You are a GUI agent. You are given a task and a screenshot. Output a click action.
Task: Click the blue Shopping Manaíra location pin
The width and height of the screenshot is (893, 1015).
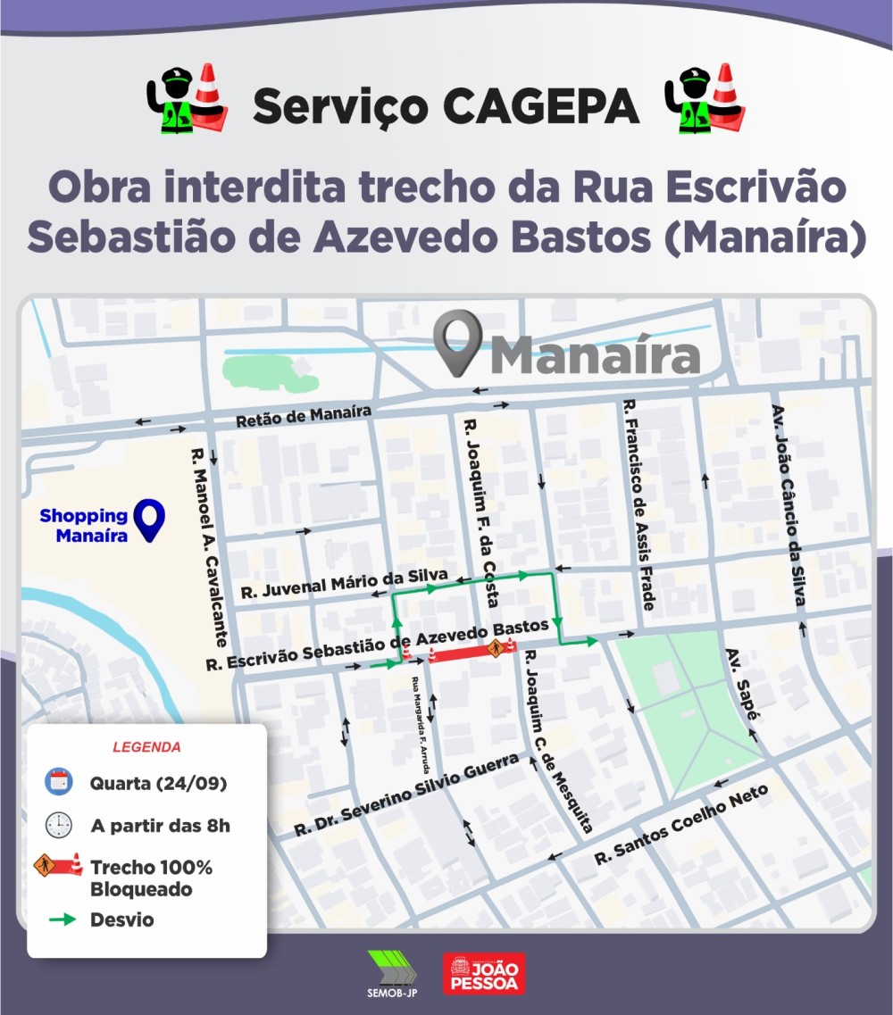point(150,520)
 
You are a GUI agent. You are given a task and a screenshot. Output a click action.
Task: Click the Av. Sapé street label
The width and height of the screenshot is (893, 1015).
point(741,683)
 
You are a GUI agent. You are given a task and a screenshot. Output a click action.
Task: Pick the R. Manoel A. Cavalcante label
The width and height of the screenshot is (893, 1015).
point(207,547)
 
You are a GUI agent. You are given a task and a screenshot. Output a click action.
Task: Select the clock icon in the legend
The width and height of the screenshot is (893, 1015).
point(59,825)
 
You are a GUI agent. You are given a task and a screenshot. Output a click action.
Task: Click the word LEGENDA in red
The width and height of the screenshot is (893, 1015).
point(146,746)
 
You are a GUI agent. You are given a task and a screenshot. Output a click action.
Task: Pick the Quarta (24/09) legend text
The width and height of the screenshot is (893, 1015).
point(157,784)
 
